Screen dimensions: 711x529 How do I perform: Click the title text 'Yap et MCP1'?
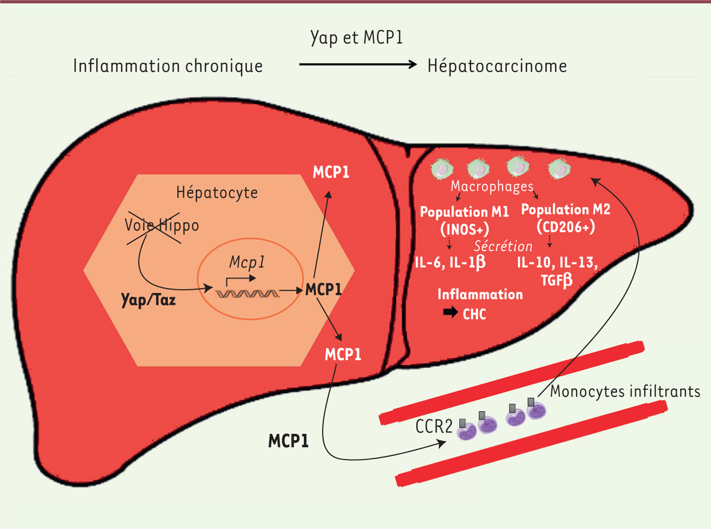(356, 39)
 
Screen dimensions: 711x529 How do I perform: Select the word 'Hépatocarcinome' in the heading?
(497, 66)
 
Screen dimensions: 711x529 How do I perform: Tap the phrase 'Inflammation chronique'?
(168, 66)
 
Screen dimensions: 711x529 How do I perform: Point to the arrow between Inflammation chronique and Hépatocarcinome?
(358, 65)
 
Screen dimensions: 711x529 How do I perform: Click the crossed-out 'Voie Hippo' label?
(162, 225)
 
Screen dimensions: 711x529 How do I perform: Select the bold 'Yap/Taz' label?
(148, 300)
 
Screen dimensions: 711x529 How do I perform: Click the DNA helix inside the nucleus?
(247, 294)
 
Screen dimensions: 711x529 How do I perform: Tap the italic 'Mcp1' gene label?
(247, 262)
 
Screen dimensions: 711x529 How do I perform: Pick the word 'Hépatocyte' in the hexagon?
(217, 193)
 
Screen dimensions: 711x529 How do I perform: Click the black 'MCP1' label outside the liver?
(288, 441)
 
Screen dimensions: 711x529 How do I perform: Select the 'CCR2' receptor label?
(434, 427)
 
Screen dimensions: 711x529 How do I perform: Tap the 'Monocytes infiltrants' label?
(625, 392)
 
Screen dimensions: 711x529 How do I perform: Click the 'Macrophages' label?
(492, 186)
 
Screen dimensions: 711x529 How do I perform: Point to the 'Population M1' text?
(464, 212)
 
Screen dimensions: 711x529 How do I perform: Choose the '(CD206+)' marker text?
(566, 227)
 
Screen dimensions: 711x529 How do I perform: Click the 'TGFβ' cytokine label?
(557, 280)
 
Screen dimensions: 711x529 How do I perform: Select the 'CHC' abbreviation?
(474, 314)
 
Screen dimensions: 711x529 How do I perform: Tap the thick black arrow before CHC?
(450, 312)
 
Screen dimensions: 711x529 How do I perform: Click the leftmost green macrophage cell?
(443, 168)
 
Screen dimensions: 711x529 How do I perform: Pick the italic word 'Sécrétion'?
(503, 246)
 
